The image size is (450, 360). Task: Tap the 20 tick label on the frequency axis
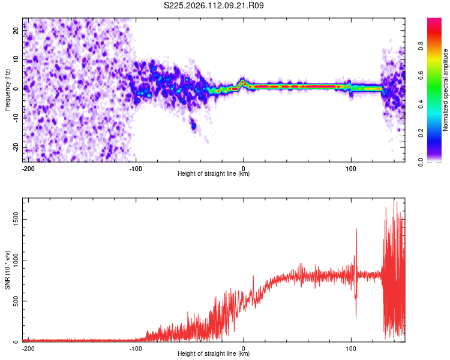(17, 31)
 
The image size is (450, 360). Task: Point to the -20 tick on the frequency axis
(17, 147)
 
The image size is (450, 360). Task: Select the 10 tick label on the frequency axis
(17, 60)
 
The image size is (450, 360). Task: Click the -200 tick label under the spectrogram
(28, 168)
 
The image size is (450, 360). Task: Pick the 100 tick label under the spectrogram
(351, 168)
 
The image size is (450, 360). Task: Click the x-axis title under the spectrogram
(214, 174)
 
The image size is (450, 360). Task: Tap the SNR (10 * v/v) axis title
(7, 271)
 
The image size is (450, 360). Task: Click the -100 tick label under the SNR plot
(136, 348)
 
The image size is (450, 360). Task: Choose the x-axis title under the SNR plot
(214, 354)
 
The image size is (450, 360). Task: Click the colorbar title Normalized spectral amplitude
(446, 90)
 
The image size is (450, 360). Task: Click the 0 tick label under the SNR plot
(244, 348)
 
